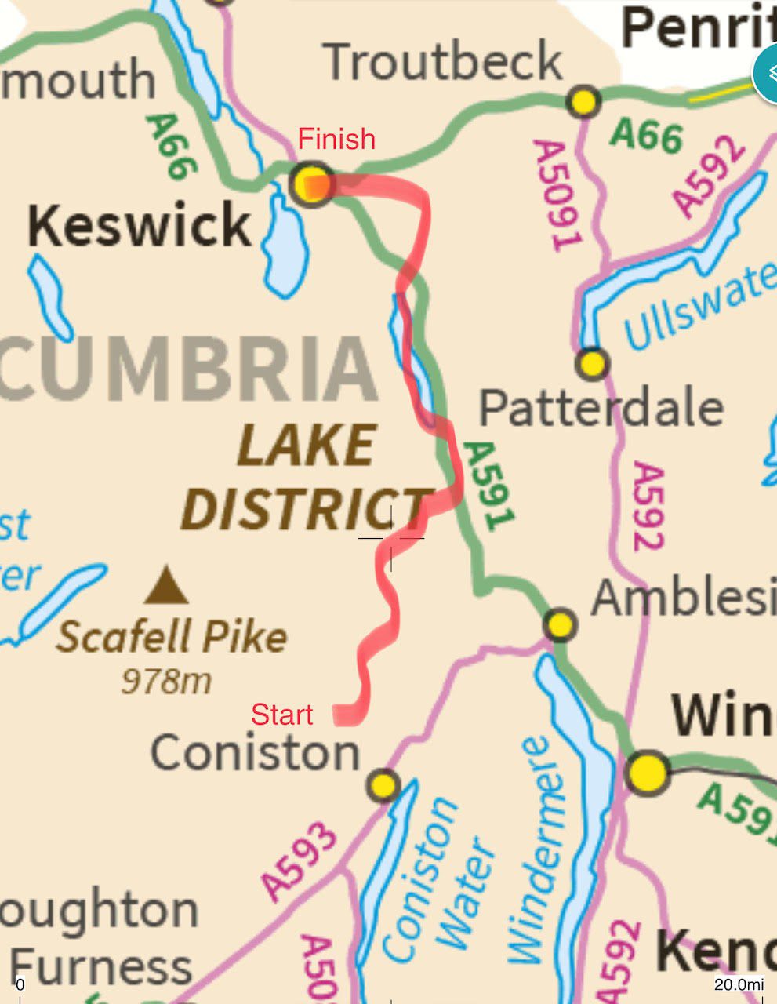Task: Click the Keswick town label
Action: [140, 226]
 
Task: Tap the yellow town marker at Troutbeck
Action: [583, 102]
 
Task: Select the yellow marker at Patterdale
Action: [592, 364]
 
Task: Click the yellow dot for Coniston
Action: [384, 784]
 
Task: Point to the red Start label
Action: [281, 715]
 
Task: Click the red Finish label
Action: [336, 140]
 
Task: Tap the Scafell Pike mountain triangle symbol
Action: [166, 586]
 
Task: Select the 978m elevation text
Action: [166, 681]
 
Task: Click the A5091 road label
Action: [558, 196]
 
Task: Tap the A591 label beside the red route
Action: [490, 486]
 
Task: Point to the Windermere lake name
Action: [537, 851]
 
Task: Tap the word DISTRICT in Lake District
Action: [306, 507]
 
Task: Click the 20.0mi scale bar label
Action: [739, 984]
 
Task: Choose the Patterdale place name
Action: [601, 408]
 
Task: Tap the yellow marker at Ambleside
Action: [560, 625]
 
